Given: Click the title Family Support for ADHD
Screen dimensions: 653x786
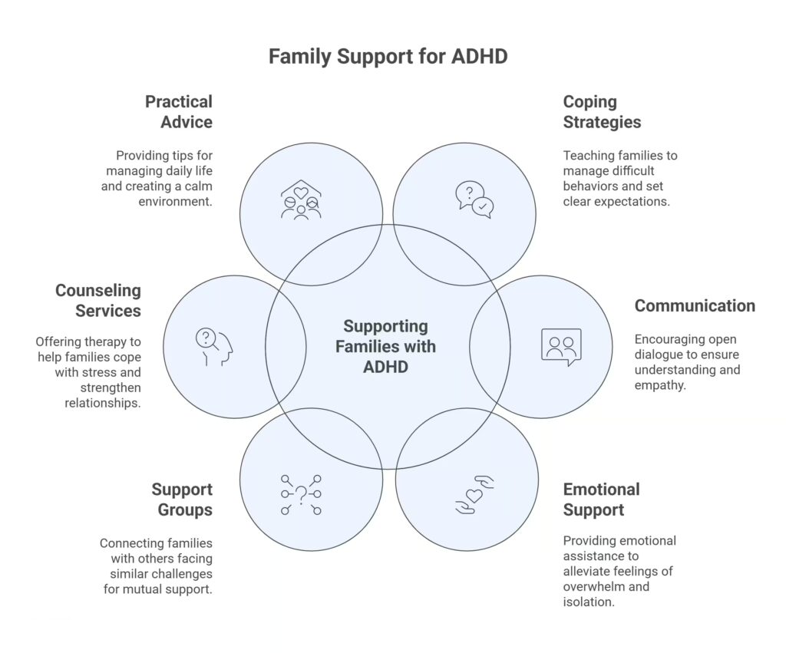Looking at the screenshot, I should point(388,57).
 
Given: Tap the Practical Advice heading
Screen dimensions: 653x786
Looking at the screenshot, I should point(178,111).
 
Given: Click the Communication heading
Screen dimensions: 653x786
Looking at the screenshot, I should point(694,305).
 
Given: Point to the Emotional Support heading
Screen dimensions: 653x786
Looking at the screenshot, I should point(601,500).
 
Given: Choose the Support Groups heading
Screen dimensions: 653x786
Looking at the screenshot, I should point(181,500).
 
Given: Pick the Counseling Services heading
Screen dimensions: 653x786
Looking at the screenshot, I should point(97,301).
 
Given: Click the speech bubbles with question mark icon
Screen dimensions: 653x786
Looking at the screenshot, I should point(474,200).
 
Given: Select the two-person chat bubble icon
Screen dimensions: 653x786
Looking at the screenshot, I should point(561,346).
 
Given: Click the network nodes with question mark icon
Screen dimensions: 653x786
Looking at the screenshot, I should point(301,494).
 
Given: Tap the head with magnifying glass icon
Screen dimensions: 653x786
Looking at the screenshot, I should point(213,346).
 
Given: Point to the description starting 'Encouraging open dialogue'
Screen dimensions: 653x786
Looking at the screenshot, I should point(687,362).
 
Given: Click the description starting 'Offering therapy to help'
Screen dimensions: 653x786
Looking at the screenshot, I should point(88,372).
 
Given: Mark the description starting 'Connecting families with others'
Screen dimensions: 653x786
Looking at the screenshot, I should point(156,566).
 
